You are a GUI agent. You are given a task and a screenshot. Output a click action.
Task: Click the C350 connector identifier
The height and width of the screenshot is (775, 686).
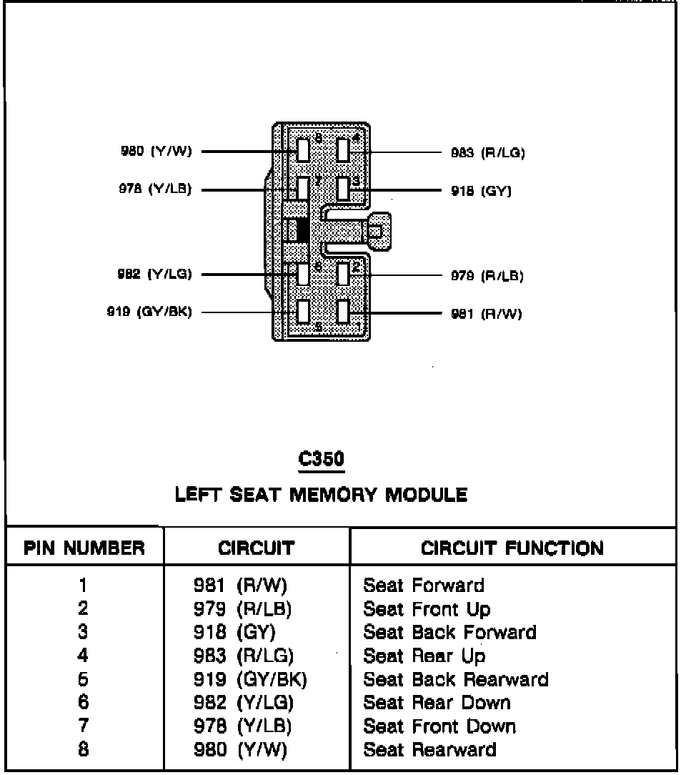[321, 460]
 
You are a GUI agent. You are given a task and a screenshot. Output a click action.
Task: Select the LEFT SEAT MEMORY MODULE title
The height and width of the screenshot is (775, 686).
[321, 494]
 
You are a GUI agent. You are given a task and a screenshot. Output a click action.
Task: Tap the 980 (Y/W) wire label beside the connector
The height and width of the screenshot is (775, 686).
[155, 152]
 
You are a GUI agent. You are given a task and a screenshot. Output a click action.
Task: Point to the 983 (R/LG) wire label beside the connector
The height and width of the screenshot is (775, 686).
[487, 152]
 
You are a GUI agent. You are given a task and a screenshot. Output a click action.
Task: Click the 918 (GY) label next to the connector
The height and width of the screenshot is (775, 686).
[481, 191]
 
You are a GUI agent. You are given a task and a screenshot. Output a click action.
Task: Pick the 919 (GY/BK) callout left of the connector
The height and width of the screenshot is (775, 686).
[149, 312]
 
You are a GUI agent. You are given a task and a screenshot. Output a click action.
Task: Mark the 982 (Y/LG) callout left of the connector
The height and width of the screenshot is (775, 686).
[154, 274]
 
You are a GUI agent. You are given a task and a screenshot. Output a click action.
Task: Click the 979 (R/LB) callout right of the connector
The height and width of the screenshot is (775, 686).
[487, 275]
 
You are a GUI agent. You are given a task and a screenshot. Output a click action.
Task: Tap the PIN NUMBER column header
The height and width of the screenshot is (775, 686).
[84, 548]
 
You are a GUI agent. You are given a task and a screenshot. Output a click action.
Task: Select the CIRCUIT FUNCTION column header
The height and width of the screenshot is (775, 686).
[512, 548]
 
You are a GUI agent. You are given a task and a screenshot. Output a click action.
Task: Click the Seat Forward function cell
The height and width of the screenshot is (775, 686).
[423, 586]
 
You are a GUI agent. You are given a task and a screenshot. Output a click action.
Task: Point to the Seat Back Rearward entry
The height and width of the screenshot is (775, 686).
[455, 679]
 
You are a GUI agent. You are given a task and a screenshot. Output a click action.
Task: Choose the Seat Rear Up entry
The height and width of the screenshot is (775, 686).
[424, 656]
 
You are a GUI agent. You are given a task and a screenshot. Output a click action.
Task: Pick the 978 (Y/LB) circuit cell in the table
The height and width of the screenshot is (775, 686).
[243, 726]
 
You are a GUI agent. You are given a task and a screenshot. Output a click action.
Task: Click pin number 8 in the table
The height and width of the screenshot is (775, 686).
[84, 750]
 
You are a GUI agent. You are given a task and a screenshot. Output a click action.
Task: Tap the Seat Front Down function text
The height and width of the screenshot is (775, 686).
[439, 726]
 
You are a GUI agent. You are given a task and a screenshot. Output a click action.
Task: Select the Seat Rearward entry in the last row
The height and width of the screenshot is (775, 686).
[429, 750]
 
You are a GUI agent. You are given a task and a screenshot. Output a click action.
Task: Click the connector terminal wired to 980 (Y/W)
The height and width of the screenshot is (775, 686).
[303, 150]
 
